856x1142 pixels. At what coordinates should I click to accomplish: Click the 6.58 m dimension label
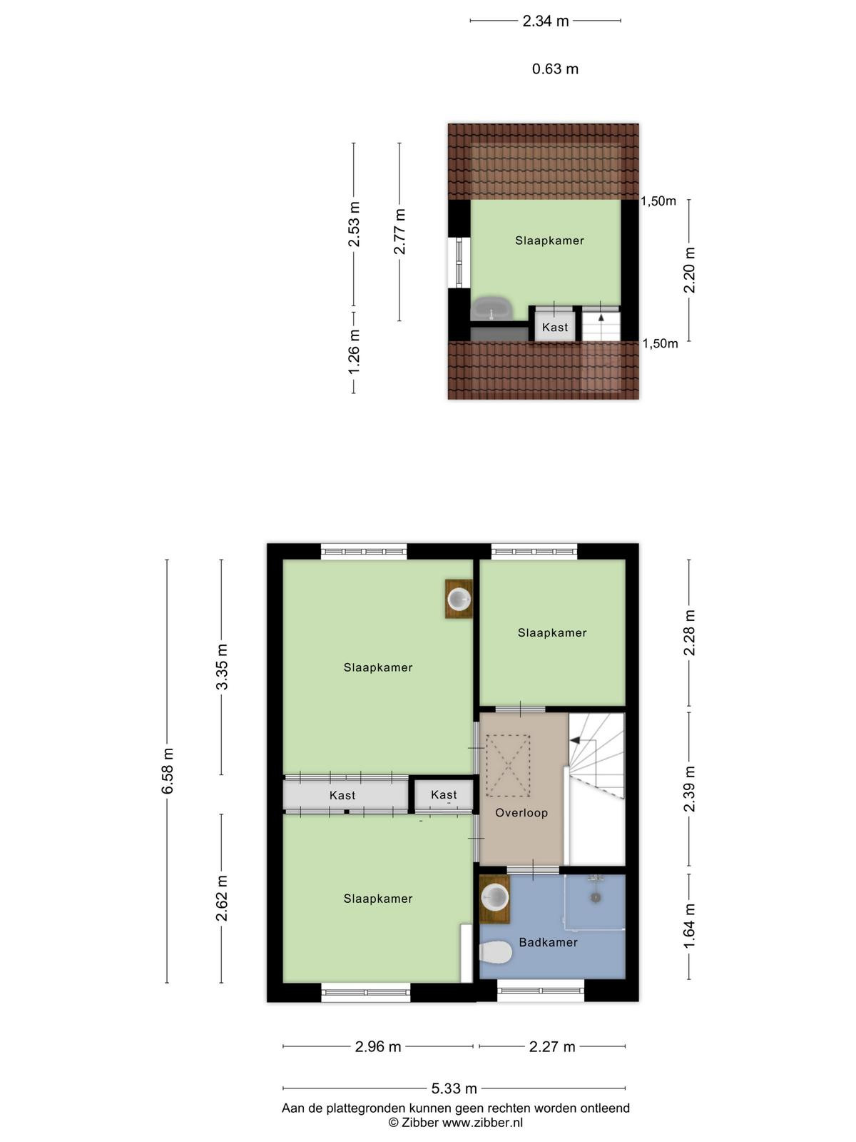pyautogui.click(x=168, y=771)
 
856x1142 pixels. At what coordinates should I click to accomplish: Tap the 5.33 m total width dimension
pyautogui.click(x=454, y=1088)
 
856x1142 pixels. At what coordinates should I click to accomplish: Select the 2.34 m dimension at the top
pyautogui.click(x=545, y=21)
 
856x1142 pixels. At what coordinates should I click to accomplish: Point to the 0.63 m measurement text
pyautogui.click(x=554, y=69)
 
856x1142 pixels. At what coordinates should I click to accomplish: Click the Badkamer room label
pyautogui.click(x=548, y=942)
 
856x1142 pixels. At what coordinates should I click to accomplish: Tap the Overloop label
pyautogui.click(x=521, y=813)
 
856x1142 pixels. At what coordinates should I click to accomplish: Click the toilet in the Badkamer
pyautogui.click(x=495, y=951)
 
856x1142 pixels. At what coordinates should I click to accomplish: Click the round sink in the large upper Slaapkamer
pyautogui.click(x=459, y=599)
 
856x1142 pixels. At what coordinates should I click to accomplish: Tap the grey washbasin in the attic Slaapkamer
pyautogui.click(x=491, y=308)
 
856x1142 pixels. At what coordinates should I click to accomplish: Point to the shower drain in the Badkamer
pyautogui.click(x=595, y=897)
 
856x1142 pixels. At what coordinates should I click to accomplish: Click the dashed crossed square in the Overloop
pyautogui.click(x=508, y=765)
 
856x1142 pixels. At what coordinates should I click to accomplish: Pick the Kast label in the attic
pyautogui.click(x=554, y=327)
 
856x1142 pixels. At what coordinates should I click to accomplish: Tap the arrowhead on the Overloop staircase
pyautogui.click(x=575, y=740)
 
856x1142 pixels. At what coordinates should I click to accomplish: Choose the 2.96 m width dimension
pyautogui.click(x=378, y=1046)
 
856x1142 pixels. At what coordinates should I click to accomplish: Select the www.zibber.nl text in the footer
pyautogui.click(x=482, y=1122)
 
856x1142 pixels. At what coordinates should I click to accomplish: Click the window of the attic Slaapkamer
pyautogui.click(x=459, y=262)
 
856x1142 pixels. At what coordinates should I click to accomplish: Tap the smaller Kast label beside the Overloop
pyautogui.click(x=443, y=794)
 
